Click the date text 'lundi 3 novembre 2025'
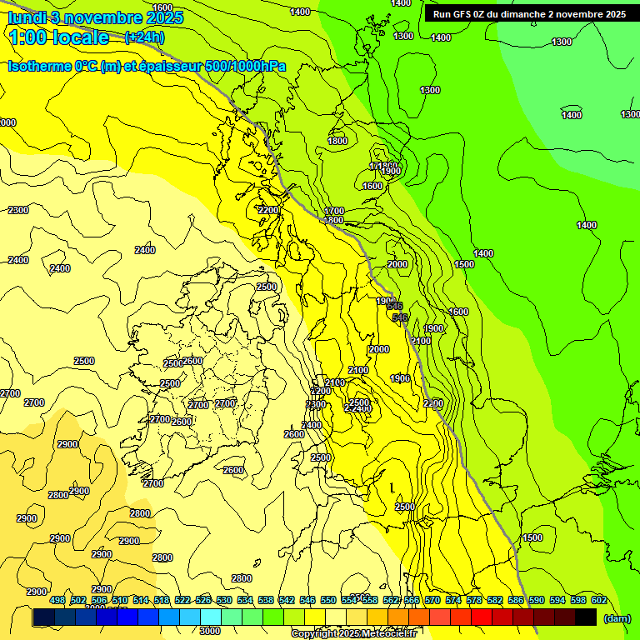point(84,17)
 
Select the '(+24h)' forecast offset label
point(144,37)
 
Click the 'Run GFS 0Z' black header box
point(529,14)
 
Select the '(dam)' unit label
point(617,619)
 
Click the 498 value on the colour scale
point(57,600)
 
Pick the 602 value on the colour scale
point(599,600)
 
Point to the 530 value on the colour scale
point(224,600)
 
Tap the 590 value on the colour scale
point(537,600)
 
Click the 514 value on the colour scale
point(141,600)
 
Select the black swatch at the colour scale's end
point(586,617)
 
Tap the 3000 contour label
point(210,631)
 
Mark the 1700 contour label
point(334,211)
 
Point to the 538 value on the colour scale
point(266,600)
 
